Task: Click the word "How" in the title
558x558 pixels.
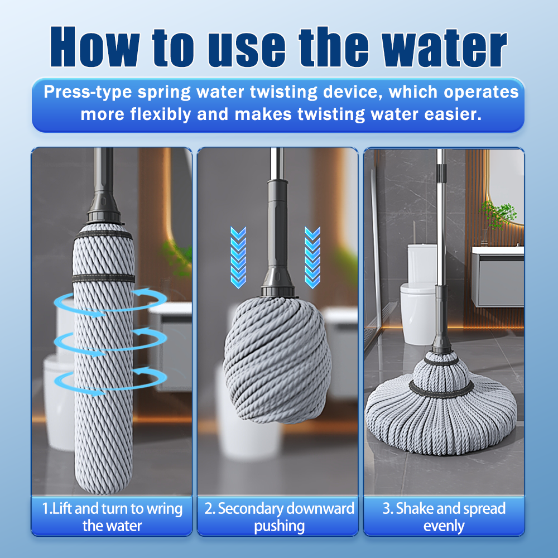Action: coord(95,47)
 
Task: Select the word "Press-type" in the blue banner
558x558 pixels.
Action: coord(88,92)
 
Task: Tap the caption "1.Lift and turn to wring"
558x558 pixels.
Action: coord(112,508)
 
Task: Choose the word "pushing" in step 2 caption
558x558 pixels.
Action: coord(280,526)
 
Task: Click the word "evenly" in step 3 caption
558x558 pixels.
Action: coord(444,526)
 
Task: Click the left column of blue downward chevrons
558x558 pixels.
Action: coord(238,257)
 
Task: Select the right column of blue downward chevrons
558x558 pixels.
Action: coord(312,257)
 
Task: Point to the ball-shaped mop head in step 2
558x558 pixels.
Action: coord(277,359)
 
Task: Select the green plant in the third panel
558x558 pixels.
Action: coord(499,214)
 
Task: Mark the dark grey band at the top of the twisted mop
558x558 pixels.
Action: coord(103,234)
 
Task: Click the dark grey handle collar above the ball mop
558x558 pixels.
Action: coord(278,238)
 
